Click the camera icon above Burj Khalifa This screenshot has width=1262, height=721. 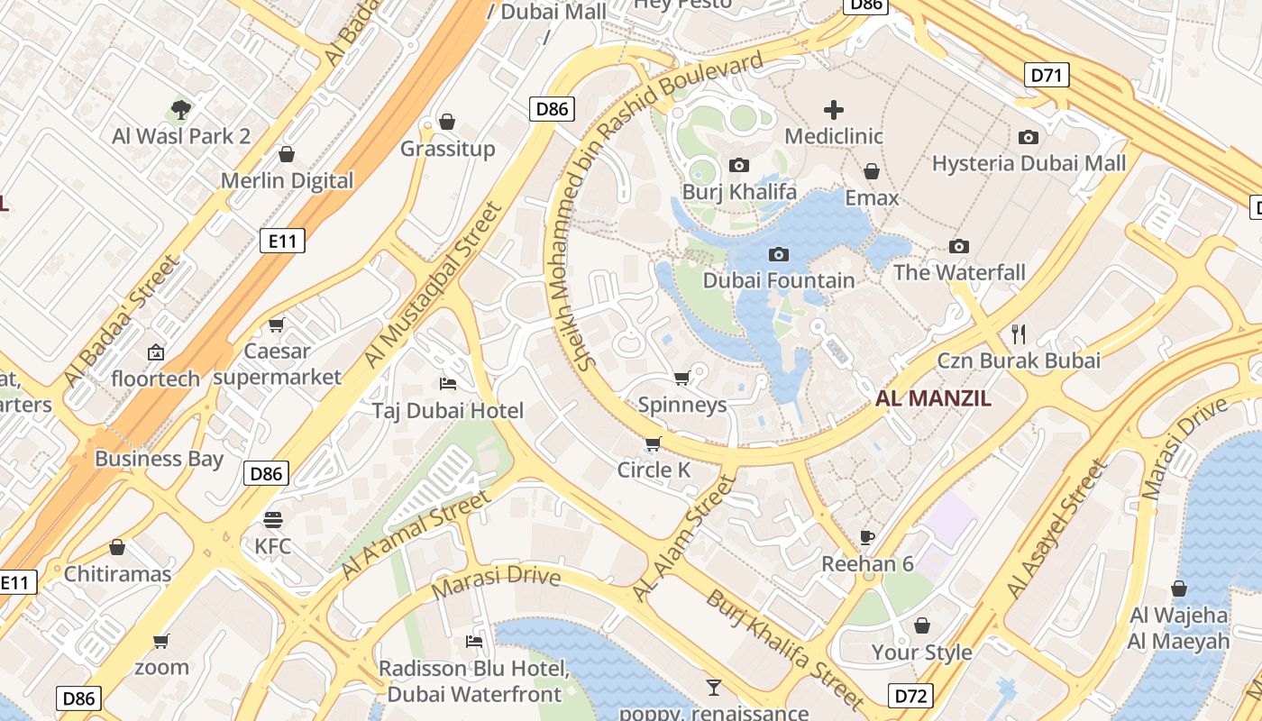[x=739, y=165]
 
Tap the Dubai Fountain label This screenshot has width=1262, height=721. [x=779, y=280]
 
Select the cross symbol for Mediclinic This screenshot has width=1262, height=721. [x=834, y=110]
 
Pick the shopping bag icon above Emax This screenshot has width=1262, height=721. [x=872, y=171]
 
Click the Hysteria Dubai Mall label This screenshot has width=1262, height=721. [x=1029, y=163]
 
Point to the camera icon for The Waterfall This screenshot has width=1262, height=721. [x=959, y=246]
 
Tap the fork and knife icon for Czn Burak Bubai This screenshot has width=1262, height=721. [x=1020, y=334]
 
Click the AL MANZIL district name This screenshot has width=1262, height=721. [x=933, y=398]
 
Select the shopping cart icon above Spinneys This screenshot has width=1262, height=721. [x=682, y=378]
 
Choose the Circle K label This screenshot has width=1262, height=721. [x=654, y=470]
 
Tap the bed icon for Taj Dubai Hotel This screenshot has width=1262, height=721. [x=447, y=384]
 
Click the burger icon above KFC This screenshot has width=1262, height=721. [x=273, y=519]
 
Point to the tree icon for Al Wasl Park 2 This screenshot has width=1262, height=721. [x=181, y=110]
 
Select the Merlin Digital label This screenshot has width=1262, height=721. [x=288, y=180]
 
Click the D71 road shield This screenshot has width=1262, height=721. [x=1047, y=75]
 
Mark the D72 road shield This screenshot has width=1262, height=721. [x=910, y=696]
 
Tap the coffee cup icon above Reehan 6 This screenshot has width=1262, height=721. [x=867, y=537]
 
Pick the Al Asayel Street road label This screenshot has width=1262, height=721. [x=1056, y=530]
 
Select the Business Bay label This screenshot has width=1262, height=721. [x=159, y=458]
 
